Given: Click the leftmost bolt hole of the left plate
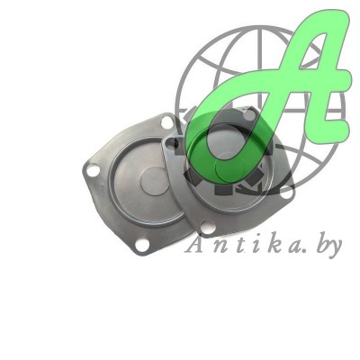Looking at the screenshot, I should click(93, 166).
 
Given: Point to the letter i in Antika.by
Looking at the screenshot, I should click(251, 246).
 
